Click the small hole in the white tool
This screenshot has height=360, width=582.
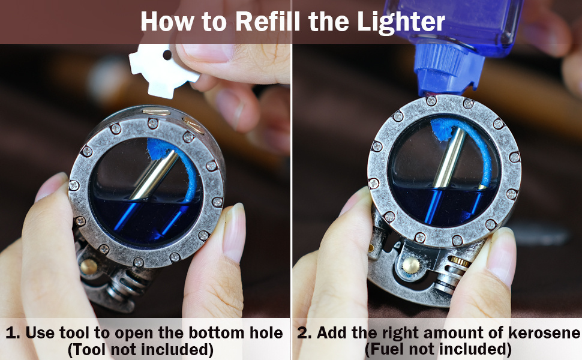(167, 55)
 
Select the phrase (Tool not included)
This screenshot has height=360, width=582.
(140, 350)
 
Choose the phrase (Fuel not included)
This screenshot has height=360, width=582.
(439, 349)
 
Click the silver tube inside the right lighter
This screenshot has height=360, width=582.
(450, 157)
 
